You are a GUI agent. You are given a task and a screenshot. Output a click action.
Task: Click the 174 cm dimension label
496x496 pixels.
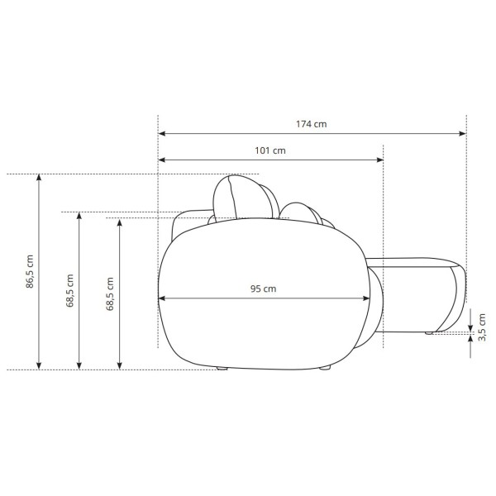coord(312,124)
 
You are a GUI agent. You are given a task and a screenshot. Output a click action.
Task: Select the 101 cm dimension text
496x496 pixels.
coord(270,150)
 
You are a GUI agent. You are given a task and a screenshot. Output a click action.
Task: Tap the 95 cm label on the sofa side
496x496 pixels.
coord(263,289)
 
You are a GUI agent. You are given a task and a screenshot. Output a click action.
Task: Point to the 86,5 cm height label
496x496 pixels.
coord(30,271)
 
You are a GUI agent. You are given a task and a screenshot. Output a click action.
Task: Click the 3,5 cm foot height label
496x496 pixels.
coord(482,327)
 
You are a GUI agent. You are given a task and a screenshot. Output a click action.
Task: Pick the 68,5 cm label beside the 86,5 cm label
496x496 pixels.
coord(69,291)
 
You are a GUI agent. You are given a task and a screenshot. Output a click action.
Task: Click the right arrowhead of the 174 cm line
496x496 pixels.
coord(462,133)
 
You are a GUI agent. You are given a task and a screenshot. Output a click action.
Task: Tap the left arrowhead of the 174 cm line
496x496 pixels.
coord(162,133)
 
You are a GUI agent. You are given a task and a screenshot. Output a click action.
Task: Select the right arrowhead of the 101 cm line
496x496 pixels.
coord(379,160)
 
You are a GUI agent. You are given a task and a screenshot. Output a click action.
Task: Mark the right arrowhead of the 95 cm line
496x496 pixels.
coord(366,298)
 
